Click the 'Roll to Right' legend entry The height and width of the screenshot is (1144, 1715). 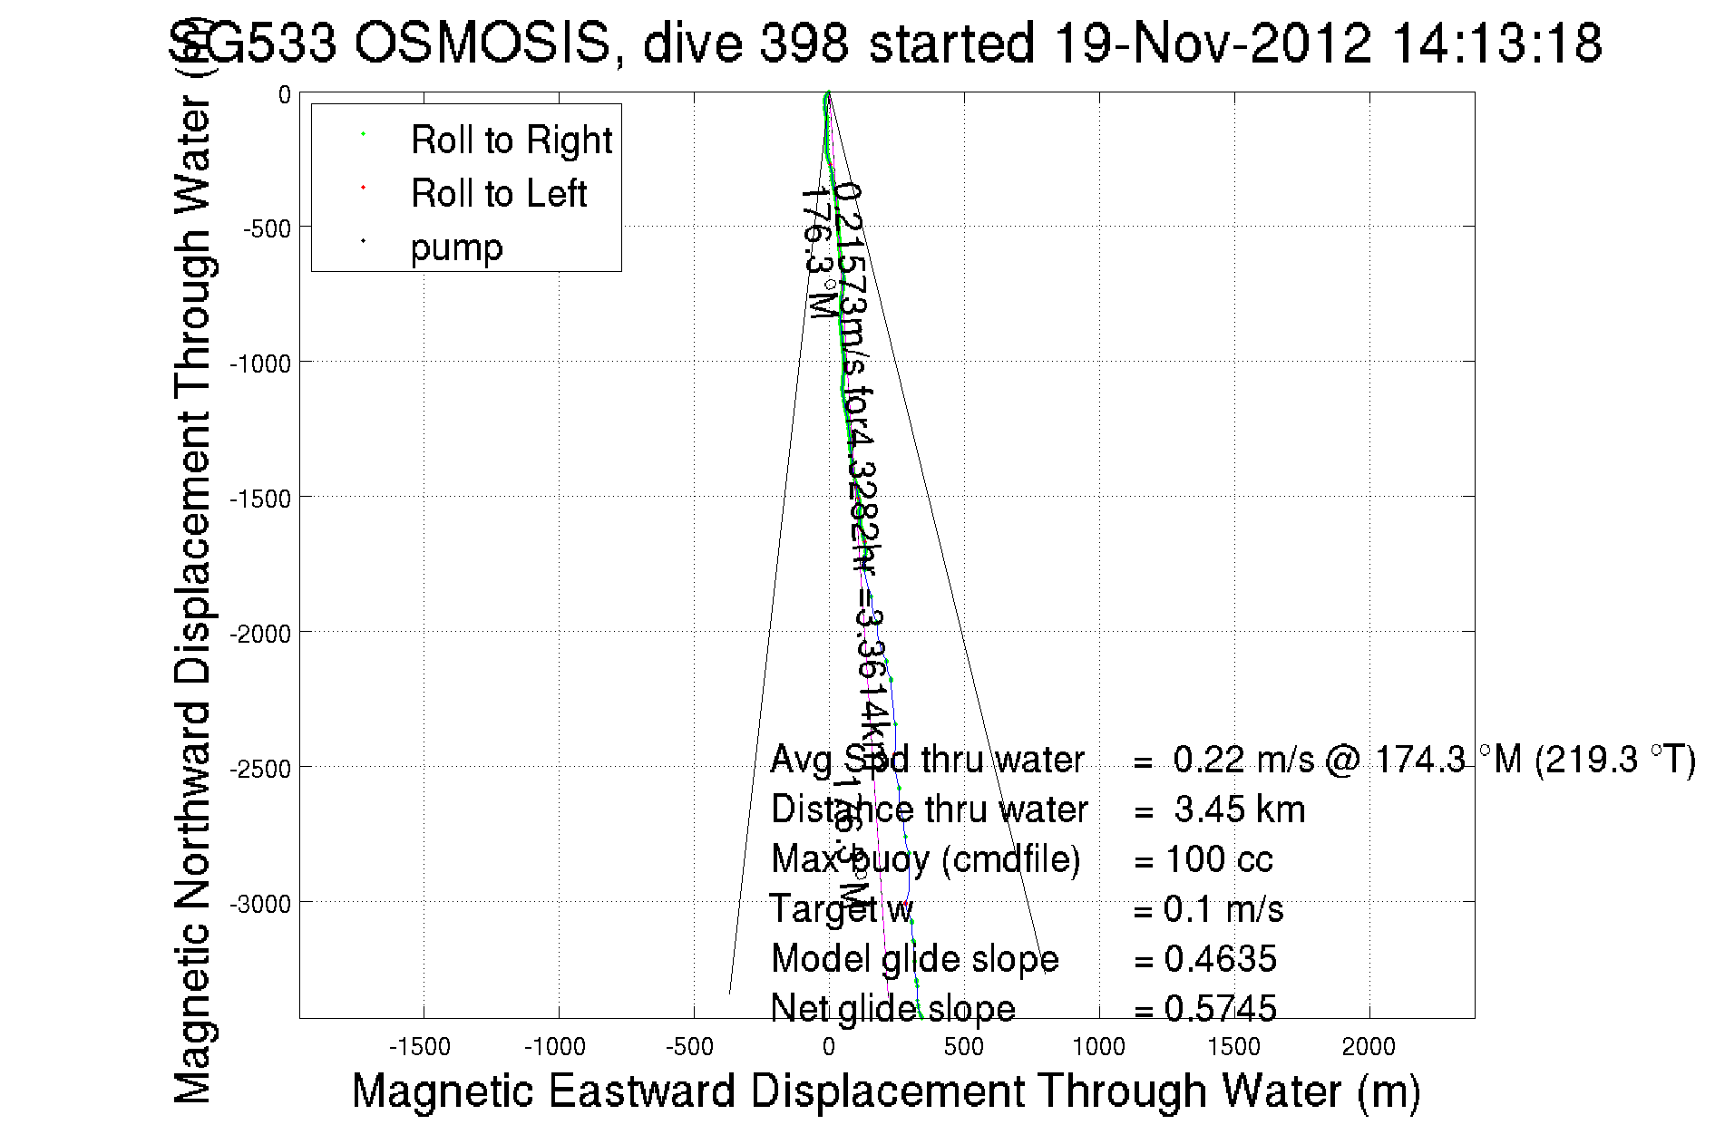[x=511, y=141]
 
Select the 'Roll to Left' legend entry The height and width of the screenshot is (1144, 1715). [x=498, y=194]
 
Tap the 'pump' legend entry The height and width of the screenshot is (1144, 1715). [x=456, y=247]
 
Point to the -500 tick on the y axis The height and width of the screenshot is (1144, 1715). [x=267, y=228]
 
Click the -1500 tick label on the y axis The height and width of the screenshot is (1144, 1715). [x=260, y=499]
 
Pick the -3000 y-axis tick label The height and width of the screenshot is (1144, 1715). [x=260, y=904]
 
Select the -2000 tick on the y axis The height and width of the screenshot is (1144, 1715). [x=260, y=634]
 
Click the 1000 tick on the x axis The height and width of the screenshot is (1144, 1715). [x=1098, y=1047]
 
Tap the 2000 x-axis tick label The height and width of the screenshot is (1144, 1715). [x=1369, y=1047]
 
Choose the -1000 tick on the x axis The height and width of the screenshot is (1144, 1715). [x=555, y=1047]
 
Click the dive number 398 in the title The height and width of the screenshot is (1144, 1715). [x=804, y=43]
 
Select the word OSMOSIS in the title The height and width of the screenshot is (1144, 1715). [x=482, y=43]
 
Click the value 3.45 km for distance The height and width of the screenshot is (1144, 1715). [x=1239, y=810]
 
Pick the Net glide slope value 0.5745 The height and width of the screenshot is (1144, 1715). [x=1220, y=1009]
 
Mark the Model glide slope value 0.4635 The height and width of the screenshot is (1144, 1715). [x=1220, y=959]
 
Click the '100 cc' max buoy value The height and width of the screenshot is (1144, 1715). [x=1218, y=859]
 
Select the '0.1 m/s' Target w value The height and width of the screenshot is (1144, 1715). [x=1223, y=909]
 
